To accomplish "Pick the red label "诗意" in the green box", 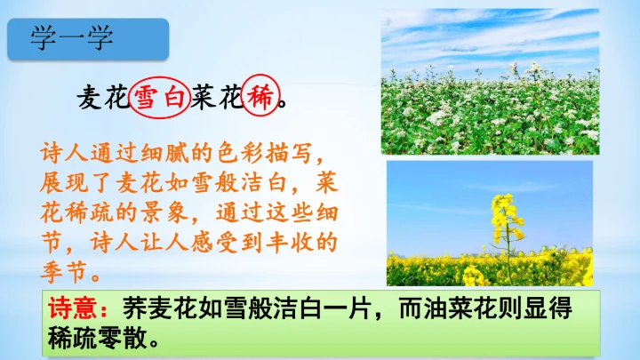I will click(x=73, y=309).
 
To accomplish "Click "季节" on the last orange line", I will click(x=63, y=272).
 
